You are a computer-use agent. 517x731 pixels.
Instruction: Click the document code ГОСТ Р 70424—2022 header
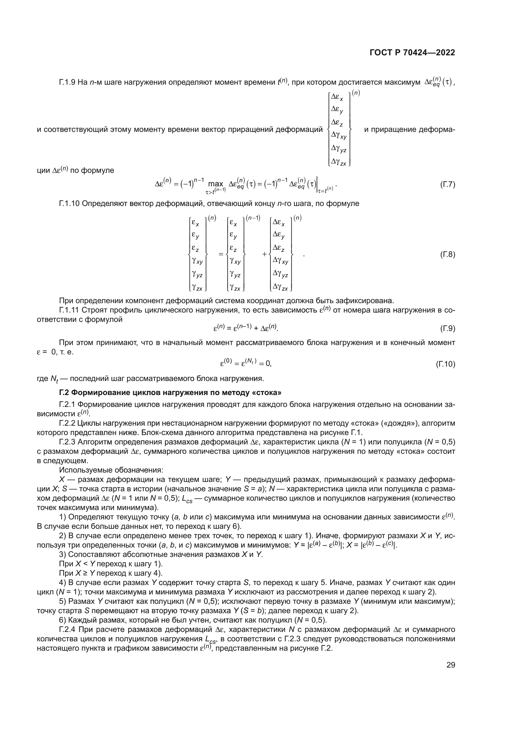pos(412,53)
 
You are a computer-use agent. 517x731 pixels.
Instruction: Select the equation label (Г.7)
pos(447,185)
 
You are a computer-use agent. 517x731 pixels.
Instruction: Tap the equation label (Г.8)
pos(447,254)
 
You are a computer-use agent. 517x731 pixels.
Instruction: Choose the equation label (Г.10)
pos(445,364)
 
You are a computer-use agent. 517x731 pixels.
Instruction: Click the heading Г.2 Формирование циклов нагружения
pos(170,393)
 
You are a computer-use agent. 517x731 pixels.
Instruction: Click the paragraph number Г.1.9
pos(67,83)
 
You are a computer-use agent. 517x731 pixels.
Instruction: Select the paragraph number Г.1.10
pos(69,203)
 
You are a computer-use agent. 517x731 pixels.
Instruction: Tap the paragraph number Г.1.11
pos(69,310)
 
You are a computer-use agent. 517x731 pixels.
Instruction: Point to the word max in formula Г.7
pos(216,184)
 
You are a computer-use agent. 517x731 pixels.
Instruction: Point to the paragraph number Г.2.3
pos(67,442)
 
